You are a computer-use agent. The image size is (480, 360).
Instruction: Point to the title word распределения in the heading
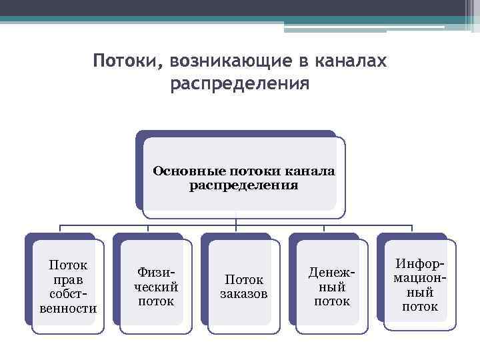tap(240, 85)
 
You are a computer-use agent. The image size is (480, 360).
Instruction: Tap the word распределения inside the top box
tap(243, 185)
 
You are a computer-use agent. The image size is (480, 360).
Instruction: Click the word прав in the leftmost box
tap(68, 280)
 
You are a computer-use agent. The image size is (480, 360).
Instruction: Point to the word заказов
tap(244, 294)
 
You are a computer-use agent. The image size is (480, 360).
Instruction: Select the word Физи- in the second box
tap(156, 273)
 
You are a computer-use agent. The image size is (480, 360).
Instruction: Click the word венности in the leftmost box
tap(68, 308)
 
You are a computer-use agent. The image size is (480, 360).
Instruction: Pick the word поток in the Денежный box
tap(332, 301)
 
